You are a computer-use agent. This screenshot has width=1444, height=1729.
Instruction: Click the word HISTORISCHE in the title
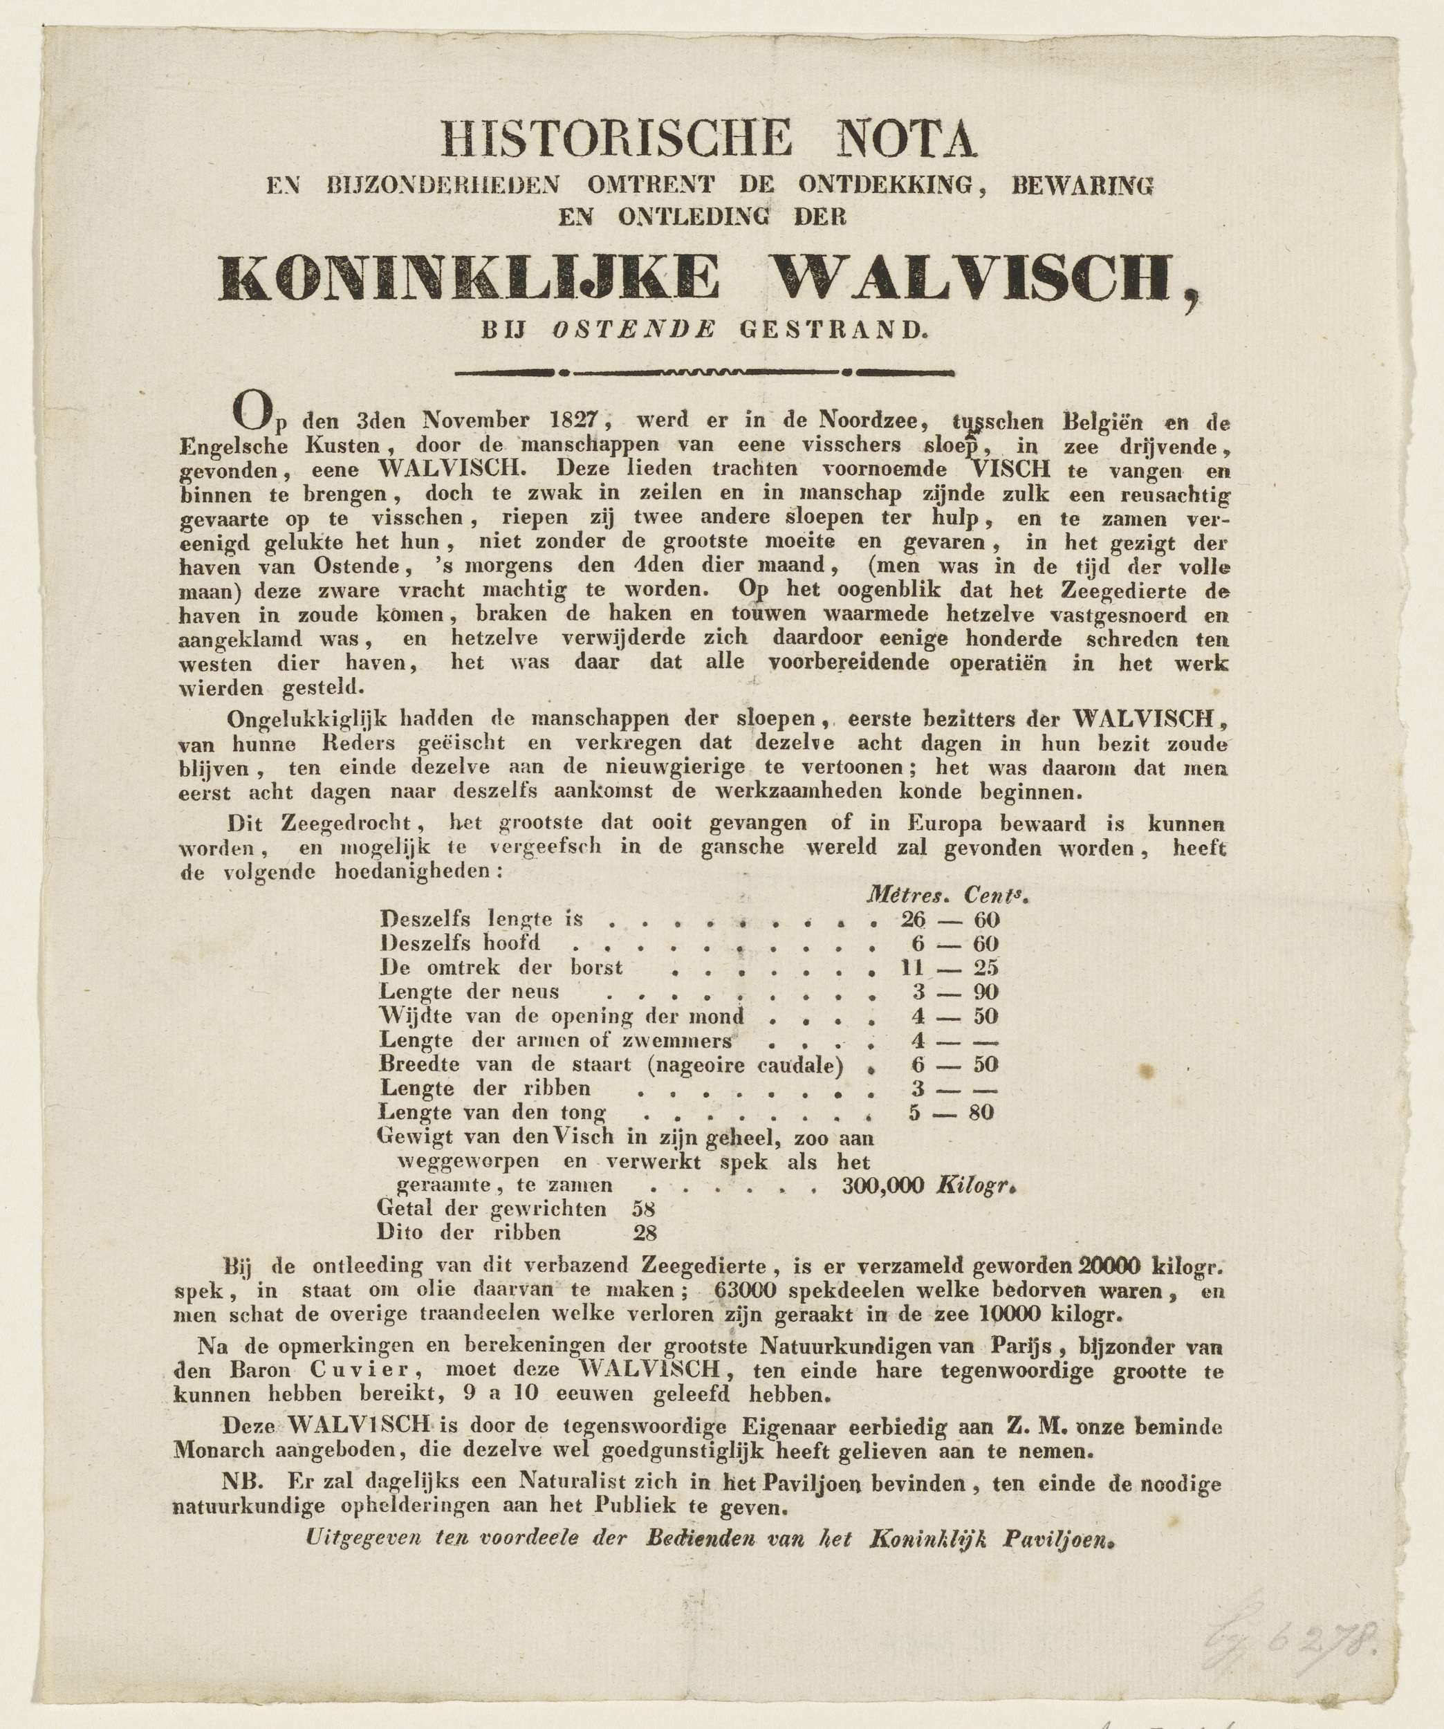615,138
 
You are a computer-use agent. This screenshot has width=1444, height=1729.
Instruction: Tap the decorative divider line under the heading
704,372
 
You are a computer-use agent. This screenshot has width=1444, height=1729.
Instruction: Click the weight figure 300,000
887,1185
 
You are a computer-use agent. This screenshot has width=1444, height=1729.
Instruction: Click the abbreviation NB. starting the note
242,1482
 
